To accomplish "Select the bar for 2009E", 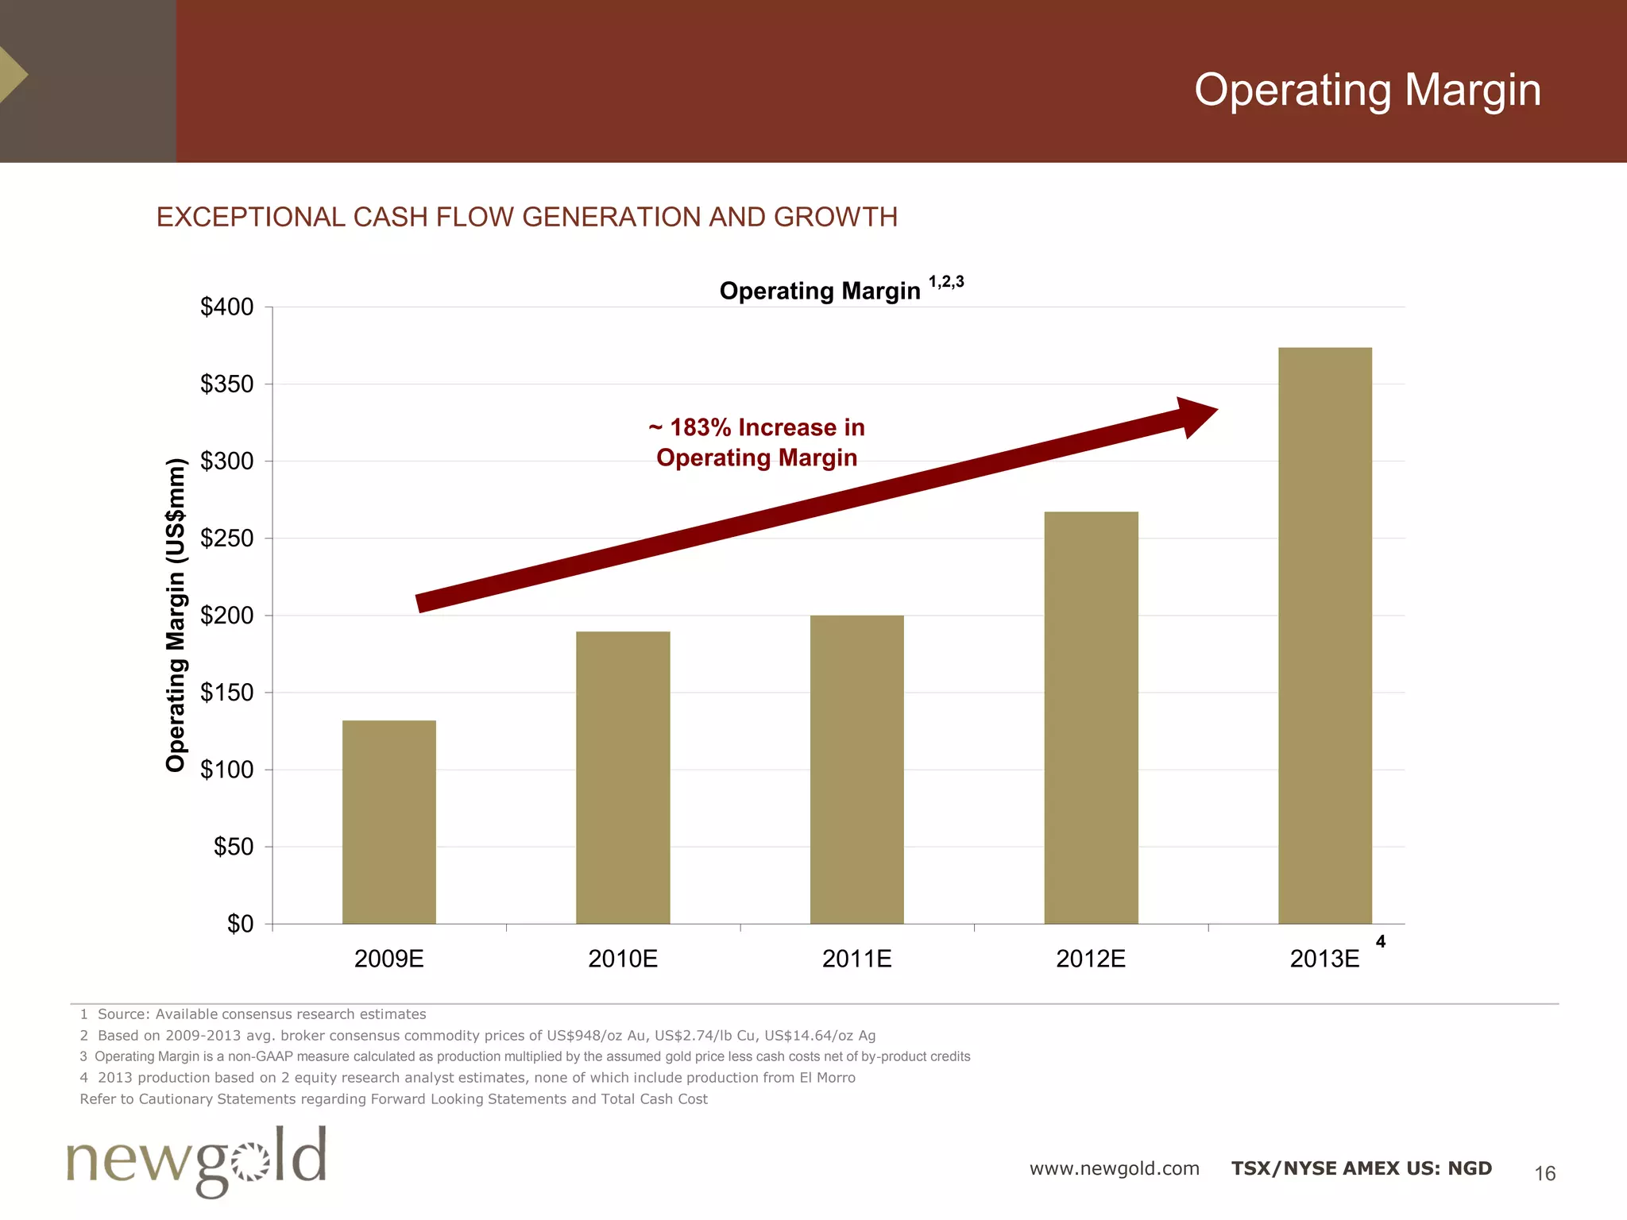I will [x=388, y=822].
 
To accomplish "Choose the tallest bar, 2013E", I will [x=1324, y=635].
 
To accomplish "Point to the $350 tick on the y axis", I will [x=227, y=384].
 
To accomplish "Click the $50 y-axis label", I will [x=234, y=847].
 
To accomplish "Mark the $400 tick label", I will [x=227, y=307].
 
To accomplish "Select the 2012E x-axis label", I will [x=1091, y=959].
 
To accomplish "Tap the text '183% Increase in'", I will [x=757, y=427].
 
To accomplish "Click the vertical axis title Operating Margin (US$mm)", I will [x=176, y=615].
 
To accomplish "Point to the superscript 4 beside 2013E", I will [x=1381, y=942].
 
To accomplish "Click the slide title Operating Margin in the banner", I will [x=1366, y=90].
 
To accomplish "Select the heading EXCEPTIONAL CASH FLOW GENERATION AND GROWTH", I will [x=527, y=217].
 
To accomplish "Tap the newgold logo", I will [x=196, y=1160].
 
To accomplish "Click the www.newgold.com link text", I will [x=1114, y=1168].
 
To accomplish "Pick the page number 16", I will [x=1544, y=1173].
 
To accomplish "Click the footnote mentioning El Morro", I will [x=467, y=1078].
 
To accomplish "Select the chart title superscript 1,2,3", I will [x=945, y=282].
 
